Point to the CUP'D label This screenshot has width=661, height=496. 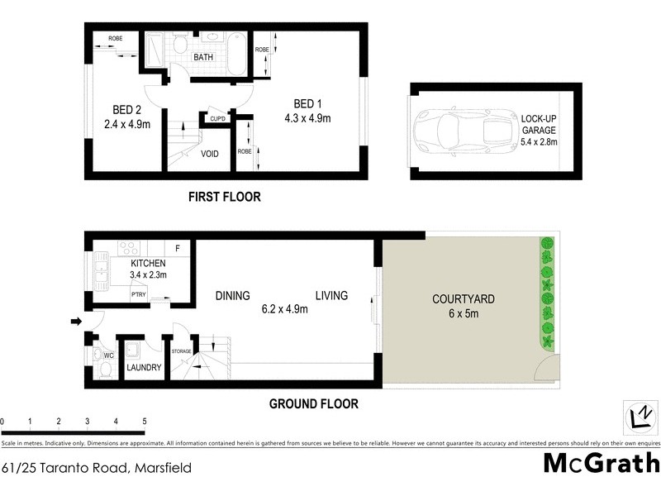[x=218, y=119]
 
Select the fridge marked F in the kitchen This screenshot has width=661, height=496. [x=178, y=247]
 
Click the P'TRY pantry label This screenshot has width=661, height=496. [x=139, y=295]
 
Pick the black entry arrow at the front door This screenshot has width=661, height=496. [x=77, y=322]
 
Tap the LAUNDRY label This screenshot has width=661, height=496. [x=143, y=368]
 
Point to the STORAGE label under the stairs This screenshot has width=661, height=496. [x=181, y=351]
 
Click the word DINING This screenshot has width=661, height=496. [x=233, y=296]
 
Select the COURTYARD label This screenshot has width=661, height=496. [x=462, y=300]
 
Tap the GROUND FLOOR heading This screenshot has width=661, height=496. [x=314, y=404]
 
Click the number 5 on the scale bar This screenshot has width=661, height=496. [x=145, y=422]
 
